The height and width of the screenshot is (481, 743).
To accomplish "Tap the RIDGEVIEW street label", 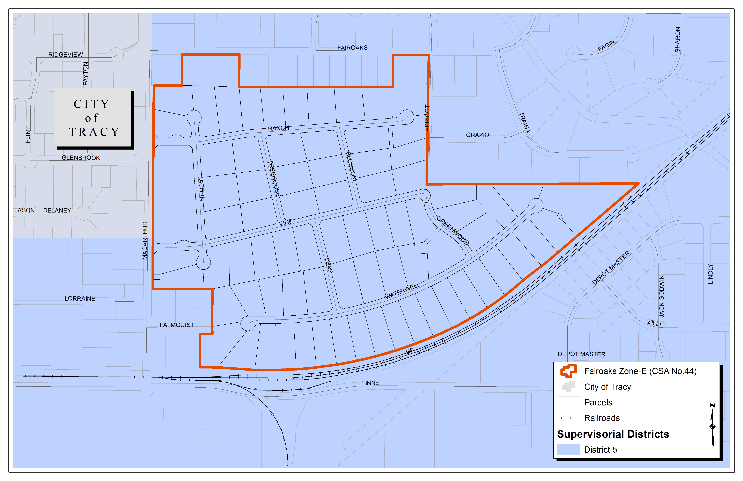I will [x=66, y=55].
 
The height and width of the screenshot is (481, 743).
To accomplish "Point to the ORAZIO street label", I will [x=477, y=135].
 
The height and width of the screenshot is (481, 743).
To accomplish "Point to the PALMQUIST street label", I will [x=177, y=325].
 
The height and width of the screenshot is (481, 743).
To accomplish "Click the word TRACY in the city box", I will [x=94, y=132].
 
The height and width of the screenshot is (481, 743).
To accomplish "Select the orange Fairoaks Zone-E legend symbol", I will [x=568, y=371].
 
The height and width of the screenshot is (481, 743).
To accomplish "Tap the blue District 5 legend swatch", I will [x=568, y=450].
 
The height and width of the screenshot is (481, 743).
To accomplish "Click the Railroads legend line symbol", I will [x=568, y=418].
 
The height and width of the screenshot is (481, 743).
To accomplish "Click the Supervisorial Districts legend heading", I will [x=613, y=434].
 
